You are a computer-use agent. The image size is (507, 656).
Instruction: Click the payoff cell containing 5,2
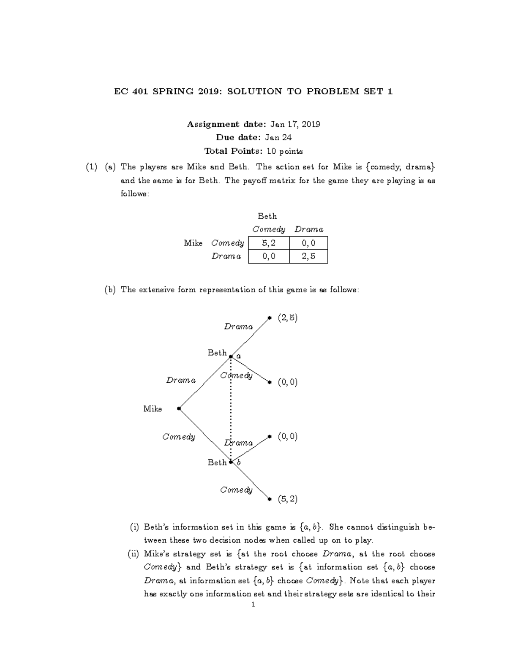[269, 243]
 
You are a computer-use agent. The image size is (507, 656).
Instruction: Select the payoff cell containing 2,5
[308, 256]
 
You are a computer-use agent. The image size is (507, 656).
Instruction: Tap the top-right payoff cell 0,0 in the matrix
[308, 243]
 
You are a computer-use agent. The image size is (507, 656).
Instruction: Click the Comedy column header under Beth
[269, 229]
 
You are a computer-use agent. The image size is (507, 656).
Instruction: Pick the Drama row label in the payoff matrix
[226, 256]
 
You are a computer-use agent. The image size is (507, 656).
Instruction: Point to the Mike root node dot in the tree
[179, 408]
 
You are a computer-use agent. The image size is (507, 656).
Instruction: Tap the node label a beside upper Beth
[239, 356]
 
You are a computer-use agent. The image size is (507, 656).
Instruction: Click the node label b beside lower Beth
[239, 463]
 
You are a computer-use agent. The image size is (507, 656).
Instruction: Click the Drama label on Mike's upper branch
[181, 380]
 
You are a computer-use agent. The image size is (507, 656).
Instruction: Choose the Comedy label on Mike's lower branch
[179, 437]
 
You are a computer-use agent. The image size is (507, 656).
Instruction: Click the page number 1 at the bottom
[253, 605]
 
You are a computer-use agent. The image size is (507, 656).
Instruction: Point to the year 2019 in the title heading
[207, 91]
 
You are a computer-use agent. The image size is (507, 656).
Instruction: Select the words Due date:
[238, 137]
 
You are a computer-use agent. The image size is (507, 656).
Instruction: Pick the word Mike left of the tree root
[153, 409]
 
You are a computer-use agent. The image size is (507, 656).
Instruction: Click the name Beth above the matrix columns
[267, 216]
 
